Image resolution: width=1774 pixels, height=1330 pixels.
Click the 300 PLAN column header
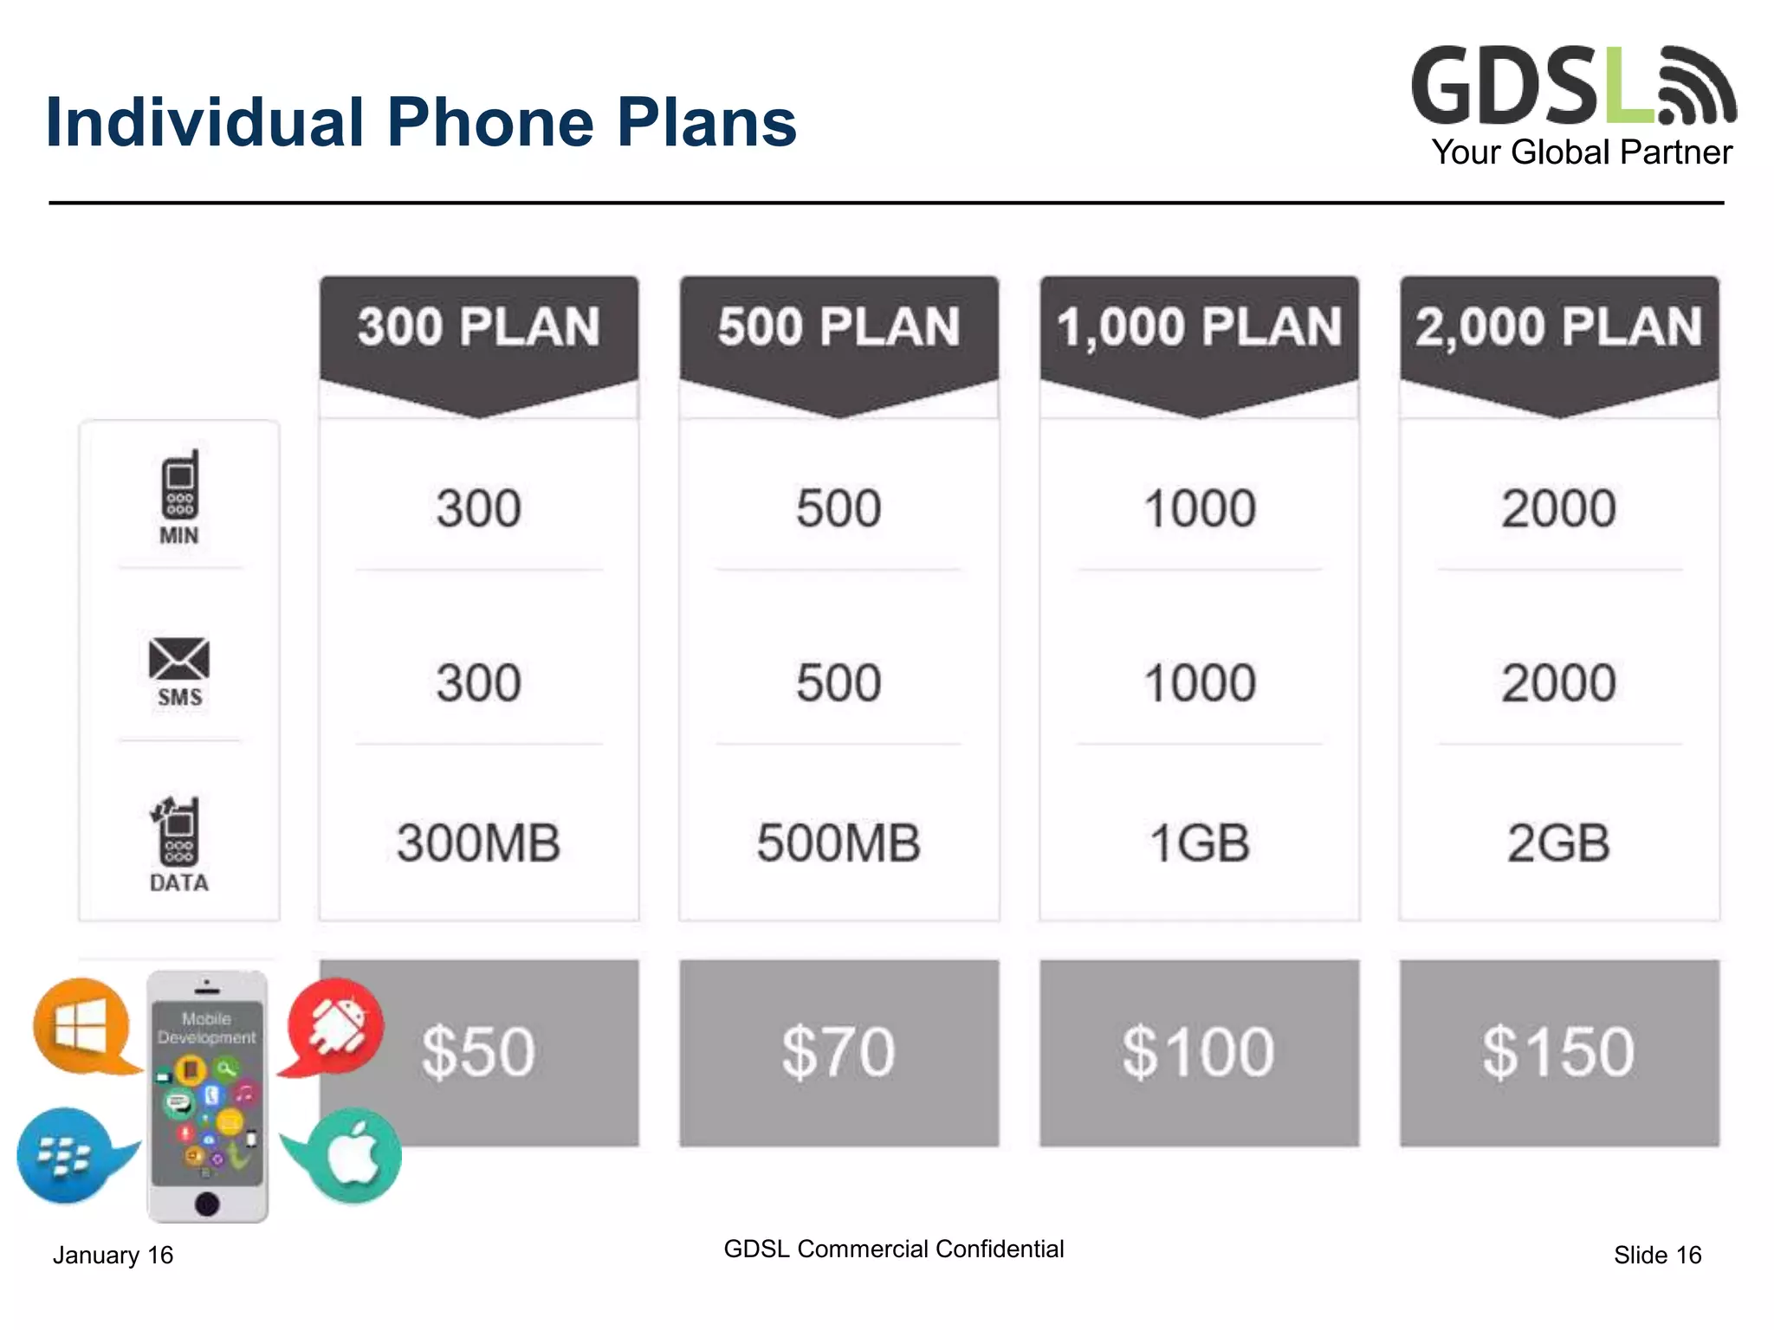click(479, 327)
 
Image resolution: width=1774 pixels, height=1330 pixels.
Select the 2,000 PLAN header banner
click(1558, 327)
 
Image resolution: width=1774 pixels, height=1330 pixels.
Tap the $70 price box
click(838, 1052)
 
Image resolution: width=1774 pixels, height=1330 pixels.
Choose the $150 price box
click(1558, 1052)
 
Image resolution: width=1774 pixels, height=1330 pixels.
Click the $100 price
click(1199, 1052)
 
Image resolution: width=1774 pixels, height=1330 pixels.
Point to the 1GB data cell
click(1199, 843)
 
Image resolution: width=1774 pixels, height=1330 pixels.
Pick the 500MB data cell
click(838, 843)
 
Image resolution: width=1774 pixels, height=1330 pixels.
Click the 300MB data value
click(479, 843)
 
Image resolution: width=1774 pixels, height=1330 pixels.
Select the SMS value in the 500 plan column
click(838, 682)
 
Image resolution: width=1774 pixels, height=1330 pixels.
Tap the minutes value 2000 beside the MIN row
click(1558, 508)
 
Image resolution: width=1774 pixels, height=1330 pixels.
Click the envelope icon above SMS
click(179, 659)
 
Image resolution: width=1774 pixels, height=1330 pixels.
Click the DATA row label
click(179, 882)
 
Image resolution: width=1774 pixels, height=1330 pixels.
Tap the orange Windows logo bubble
click(82, 1026)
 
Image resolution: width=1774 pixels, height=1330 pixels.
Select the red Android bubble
click(336, 1026)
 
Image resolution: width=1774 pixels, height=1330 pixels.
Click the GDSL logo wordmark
click(1533, 87)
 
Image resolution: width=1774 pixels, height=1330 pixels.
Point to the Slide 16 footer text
click(1657, 1255)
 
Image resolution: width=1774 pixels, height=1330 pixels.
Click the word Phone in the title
click(490, 122)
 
